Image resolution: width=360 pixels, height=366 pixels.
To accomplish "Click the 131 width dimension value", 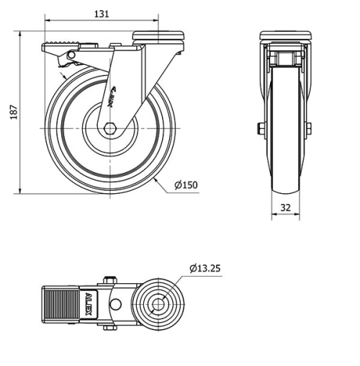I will click(x=103, y=13).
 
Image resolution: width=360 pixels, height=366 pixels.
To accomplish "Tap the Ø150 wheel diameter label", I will click(x=185, y=185).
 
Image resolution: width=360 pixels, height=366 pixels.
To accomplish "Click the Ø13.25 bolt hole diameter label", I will click(x=205, y=268).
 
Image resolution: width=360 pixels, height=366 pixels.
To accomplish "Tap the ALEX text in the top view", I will click(x=88, y=303).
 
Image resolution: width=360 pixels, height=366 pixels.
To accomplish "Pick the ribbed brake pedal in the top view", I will click(x=60, y=303).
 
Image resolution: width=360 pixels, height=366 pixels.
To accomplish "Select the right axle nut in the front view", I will click(x=308, y=128).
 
